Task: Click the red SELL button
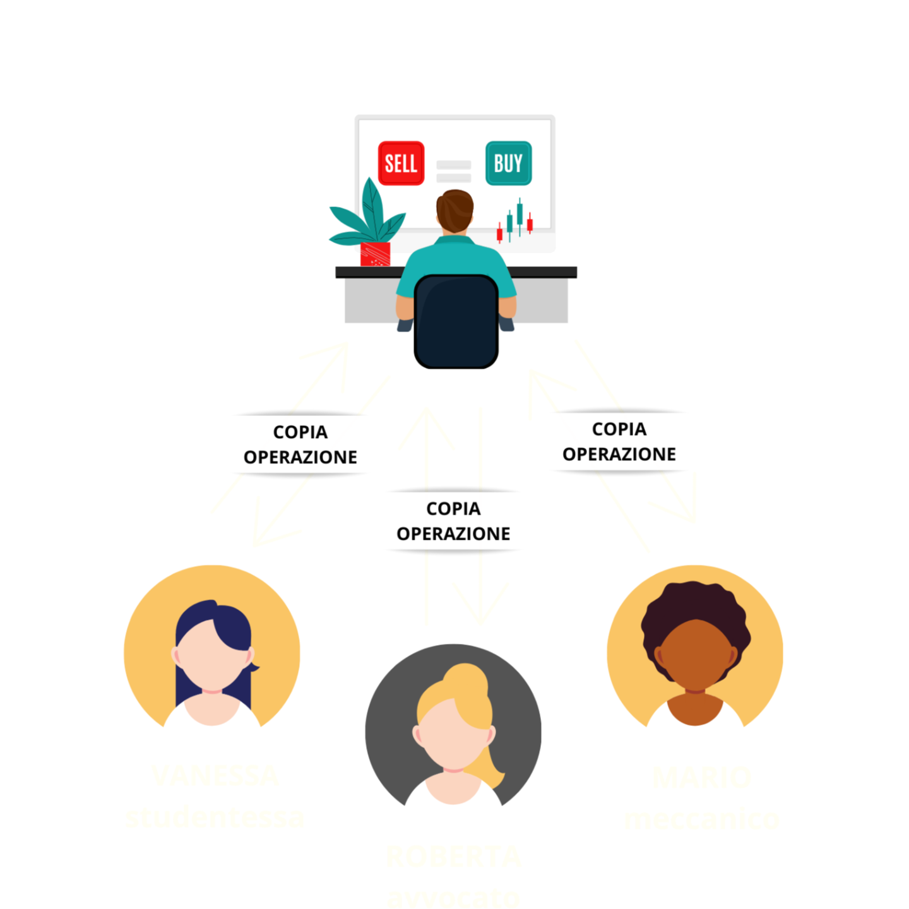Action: (x=401, y=163)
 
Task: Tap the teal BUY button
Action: (x=508, y=163)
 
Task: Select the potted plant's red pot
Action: (x=375, y=254)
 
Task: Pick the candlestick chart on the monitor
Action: (x=515, y=221)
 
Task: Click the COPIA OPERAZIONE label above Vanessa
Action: (x=300, y=444)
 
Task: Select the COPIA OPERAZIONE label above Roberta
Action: (x=453, y=521)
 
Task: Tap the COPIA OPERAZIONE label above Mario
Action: (x=619, y=441)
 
